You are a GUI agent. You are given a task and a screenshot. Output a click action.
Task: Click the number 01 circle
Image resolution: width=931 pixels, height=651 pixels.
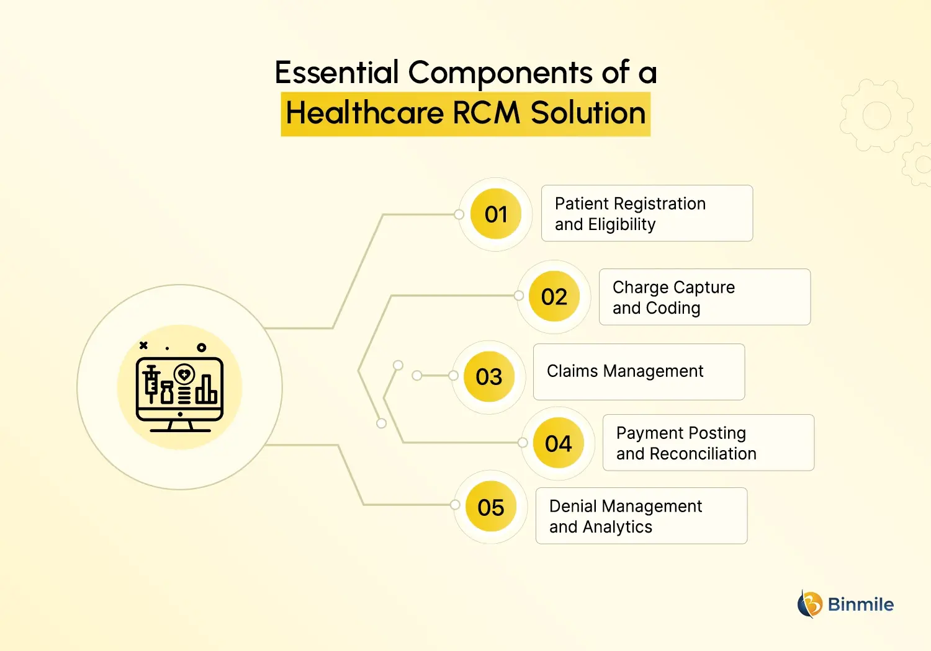(x=496, y=215)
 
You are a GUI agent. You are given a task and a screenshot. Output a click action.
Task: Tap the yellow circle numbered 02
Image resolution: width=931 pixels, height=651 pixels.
(x=554, y=297)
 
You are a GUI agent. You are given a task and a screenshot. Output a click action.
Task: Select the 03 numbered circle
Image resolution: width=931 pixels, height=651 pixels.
(x=488, y=377)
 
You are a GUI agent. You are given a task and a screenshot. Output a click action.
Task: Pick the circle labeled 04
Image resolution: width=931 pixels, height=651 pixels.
(x=558, y=444)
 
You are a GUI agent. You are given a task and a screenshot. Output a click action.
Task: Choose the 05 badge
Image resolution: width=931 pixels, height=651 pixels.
(x=490, y=508)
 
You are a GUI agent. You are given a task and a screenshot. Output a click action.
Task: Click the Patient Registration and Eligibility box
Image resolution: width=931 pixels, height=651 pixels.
(x=647, y=213)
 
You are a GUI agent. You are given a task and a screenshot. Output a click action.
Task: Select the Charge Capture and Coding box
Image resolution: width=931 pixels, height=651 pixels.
(x=704, y=297)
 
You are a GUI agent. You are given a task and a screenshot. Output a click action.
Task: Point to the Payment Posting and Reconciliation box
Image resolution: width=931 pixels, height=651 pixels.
(x=708, y=443)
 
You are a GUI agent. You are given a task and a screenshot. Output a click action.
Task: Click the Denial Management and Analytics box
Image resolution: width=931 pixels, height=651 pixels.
(x=641, y=516)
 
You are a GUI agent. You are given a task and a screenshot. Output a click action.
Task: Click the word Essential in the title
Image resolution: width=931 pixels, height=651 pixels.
(x=336, y=73)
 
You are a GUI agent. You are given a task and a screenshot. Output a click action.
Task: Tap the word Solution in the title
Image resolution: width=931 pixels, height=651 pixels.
(x=588, y=113)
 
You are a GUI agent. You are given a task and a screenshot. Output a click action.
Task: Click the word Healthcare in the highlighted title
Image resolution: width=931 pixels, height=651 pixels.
(x=365, y=113)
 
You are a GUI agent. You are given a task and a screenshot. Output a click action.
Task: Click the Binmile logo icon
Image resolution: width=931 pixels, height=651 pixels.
(x=809, y=604)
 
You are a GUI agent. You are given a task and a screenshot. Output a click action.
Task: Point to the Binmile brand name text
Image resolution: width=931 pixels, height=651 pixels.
(x=861, y=604)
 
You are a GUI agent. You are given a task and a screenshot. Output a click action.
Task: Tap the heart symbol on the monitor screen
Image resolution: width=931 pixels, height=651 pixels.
(x=184, y=374)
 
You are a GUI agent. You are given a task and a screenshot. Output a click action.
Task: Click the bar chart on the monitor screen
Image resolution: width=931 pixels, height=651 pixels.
(x=207, y=390)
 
